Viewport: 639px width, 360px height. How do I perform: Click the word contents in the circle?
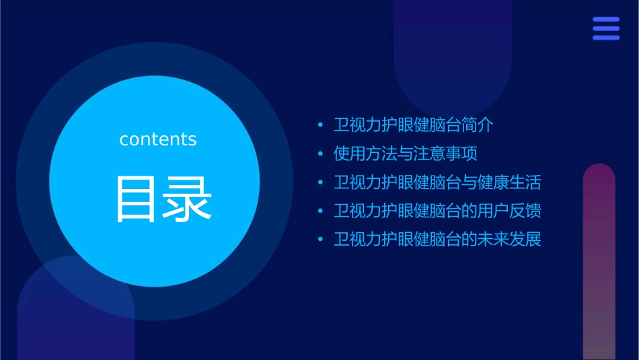pos(158,139)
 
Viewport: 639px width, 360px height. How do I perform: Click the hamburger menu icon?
pos(606,28)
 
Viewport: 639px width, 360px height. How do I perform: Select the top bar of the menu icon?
pos(606,20)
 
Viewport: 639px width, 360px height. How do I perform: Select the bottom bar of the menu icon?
pos(606,38)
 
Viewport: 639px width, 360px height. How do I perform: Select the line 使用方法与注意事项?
pos(406,153)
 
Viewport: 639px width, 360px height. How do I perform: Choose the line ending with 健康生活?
pos(437,182)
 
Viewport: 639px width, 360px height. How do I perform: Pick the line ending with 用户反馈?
pos(437,211)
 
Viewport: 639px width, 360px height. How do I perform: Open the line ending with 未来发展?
pos(437,239)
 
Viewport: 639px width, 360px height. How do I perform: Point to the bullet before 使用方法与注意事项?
pos(320,154)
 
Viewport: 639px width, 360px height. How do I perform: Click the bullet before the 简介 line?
pos(320,126)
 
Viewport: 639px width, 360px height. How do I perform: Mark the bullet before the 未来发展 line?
pos(320,240)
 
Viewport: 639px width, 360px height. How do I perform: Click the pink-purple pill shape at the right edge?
pos(599,262)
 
